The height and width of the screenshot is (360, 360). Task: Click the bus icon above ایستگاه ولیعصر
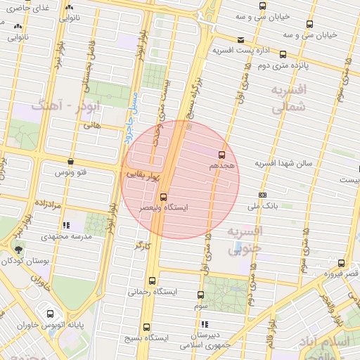163,197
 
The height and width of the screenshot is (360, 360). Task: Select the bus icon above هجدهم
222,153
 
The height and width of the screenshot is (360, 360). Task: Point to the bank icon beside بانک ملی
263,195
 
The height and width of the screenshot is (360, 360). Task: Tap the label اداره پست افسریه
243,51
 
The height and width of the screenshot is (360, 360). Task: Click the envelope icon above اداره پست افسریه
241,40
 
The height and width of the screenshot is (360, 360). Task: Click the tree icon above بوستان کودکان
18,250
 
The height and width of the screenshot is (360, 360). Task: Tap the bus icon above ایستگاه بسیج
146,327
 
